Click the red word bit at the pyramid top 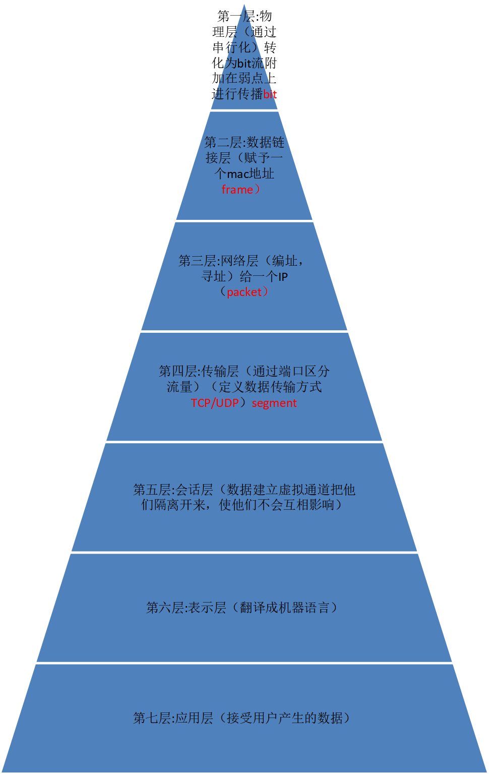pos(270,94)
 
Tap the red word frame pos(237,190)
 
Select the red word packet pos(244,292)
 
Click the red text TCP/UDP pos(215,403)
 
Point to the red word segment pos(274,403)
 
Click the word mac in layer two pos(238,174)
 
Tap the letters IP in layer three pos(283,277)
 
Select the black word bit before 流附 pos(244,63)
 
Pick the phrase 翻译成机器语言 pos(285,608)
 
